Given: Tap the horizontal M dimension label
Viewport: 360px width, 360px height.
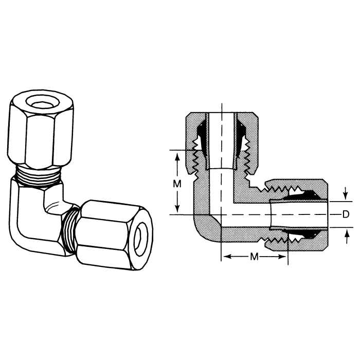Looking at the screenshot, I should click(254, 257).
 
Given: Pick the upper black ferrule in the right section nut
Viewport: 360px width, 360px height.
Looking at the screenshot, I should click(301, 196).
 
